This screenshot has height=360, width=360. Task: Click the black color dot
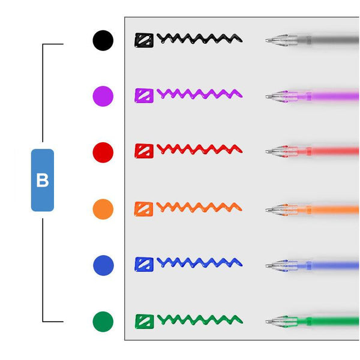(103, 40)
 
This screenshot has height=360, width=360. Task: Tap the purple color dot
(103, 96)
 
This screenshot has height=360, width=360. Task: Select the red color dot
(103, 152)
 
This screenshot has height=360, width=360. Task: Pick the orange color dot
(103, 209)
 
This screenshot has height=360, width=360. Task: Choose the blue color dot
(103, 265)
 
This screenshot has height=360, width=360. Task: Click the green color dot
(103, 322)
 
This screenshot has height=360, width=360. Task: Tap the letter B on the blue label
(43, 180)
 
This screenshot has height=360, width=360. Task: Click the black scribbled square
(144, 40)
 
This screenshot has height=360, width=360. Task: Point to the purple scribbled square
(144, 95)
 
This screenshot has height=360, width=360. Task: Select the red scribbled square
(144, 151)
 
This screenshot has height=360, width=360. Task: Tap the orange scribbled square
(144, 209)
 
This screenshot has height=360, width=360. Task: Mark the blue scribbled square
(144, 264)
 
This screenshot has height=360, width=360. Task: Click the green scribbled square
(145, 322)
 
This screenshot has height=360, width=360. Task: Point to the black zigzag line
(200, 38)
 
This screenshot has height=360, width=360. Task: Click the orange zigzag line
(199, 207)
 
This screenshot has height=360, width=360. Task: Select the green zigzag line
(200, 320)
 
